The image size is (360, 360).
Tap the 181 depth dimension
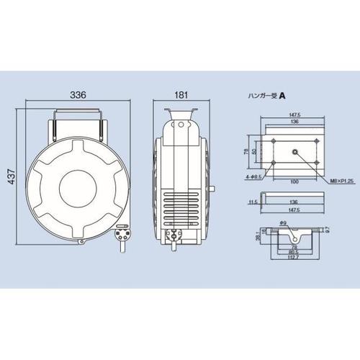182,93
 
